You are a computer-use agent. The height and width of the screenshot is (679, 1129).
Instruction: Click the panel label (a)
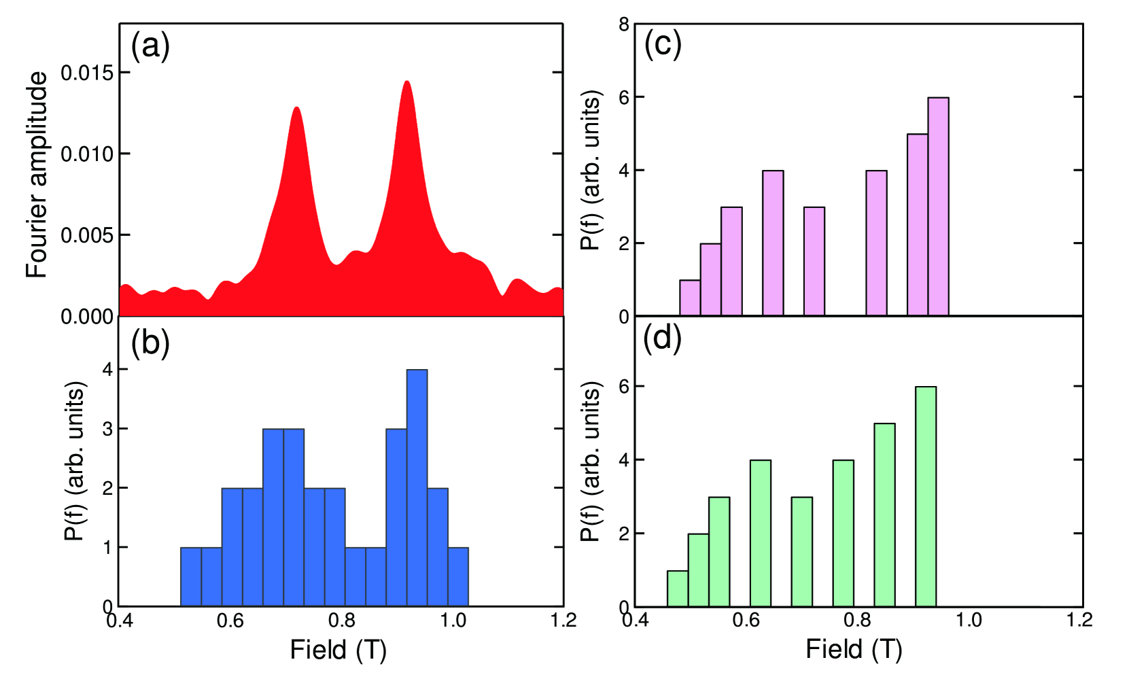tap(150, 47)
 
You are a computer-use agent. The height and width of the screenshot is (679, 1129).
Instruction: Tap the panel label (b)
tap(150, 343)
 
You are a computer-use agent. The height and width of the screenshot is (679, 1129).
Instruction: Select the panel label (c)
tap(662, 45)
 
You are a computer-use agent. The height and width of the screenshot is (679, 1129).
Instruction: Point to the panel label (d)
tap(662, 338)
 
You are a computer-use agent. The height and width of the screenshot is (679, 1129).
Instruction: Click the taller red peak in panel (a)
tap(406, 85)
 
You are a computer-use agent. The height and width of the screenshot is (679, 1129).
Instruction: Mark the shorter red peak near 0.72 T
tap(296, 110)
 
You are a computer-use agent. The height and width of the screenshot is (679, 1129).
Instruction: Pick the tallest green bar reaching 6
tap(926, 496)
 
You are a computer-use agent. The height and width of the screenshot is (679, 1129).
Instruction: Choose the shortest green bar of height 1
tap(678, 589)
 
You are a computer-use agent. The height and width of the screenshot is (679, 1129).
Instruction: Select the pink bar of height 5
tap(918, 225)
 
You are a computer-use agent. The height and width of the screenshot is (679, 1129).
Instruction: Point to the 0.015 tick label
tap(87, 73)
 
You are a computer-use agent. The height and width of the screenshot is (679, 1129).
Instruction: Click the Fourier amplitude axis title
tap(37, 175)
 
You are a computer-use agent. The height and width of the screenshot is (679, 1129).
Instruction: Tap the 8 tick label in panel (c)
tap(624, 25)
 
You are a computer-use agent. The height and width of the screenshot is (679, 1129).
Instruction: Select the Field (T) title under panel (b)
tap(338, 650)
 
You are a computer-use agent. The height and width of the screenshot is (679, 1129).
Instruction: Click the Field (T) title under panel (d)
tap(854, 650)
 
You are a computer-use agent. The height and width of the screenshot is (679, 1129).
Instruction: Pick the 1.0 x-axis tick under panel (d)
tap(968, 620)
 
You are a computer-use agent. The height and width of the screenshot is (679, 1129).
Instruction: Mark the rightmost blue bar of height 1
tap(458, 576)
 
